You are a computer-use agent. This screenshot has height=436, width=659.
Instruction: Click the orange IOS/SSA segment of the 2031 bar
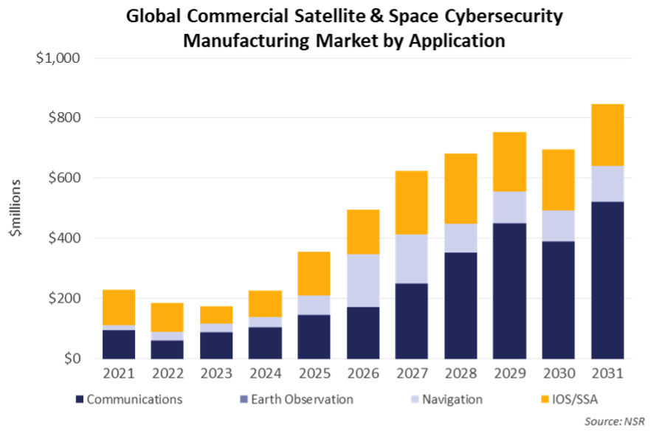(607, 134)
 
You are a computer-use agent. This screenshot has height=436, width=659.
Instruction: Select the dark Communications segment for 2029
(509, 291)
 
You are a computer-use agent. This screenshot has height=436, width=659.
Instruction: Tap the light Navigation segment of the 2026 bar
(363, 280)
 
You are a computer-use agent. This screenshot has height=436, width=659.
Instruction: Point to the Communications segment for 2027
(412, 321)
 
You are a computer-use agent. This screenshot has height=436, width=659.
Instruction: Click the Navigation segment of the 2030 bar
(558, 226)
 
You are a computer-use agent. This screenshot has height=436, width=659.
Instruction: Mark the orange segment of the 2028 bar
(460, 188)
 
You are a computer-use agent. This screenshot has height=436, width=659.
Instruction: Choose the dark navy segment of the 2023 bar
(217, 345)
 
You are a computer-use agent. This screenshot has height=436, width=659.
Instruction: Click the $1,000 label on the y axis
(58, 58)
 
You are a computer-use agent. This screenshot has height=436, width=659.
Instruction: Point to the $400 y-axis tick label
(64, 238)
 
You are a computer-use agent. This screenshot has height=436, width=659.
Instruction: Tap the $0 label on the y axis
(72, 359)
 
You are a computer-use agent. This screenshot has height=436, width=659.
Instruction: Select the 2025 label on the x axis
(314, 374)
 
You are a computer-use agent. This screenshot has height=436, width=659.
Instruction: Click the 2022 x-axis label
(168, 374)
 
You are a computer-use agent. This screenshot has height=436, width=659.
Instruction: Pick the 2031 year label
(607, 374)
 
